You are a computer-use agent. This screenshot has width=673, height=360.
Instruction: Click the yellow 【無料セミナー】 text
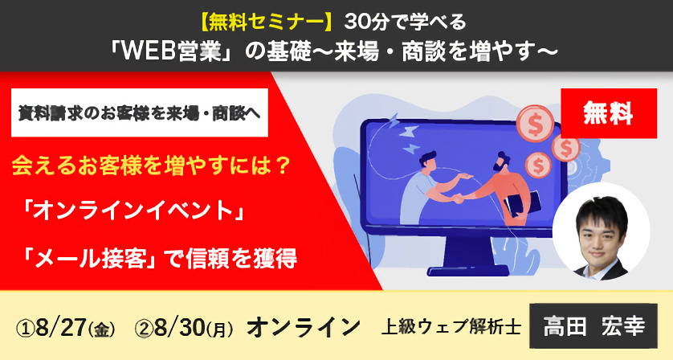coord(267,22)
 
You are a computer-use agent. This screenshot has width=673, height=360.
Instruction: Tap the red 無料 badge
coord(609,113)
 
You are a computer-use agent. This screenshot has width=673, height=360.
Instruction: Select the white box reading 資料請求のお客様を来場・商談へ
coord(140,112)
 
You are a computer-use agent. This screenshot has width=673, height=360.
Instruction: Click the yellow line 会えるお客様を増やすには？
coord(152,166)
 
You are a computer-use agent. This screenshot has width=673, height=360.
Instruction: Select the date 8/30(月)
coord(194,328)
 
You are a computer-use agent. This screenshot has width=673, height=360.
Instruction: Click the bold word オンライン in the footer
coord(304,327)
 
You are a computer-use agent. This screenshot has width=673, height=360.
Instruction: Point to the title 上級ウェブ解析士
coord(451,327)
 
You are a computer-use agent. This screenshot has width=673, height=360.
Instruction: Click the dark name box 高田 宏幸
coord(593,325)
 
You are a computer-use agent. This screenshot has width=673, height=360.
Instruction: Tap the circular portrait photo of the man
coord(601,231)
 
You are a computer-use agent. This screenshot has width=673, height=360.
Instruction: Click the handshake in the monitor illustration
coord(454,198)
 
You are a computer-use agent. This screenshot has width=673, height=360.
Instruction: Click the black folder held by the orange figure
coord(522,206)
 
